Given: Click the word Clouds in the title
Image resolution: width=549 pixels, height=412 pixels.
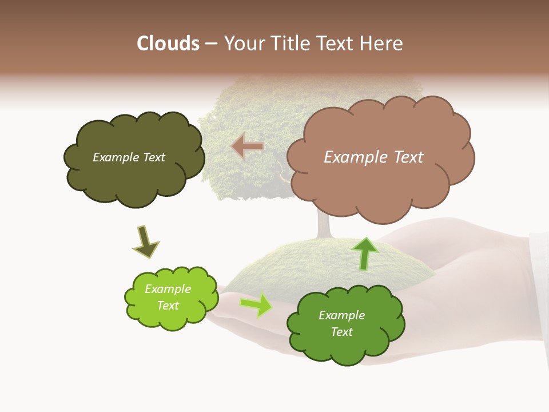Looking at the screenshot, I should pyautogui.click(x=168, y=43).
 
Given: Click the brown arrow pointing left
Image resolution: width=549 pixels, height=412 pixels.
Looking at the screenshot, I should pyautogui.click(x=248, y=146).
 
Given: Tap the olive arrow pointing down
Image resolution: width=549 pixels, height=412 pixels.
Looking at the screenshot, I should pyautogui.click(x=145, y=243).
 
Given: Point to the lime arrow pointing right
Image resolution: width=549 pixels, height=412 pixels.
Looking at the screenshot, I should pyautogui.click(x=256, y=305).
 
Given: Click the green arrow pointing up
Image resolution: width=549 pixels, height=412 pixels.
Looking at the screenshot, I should pyautogui.click(x=365, y=253).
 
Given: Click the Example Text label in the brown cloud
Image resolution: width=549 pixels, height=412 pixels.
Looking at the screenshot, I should pyautogui.click(x=373, y=157).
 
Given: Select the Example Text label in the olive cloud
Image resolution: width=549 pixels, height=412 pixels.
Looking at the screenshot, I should pyautogui.click(x=129, y=157).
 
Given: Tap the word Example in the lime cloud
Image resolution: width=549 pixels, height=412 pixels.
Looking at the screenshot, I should pyautogui.click(x=168, y=289).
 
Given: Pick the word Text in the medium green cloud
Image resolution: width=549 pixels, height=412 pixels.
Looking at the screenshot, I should pyautogui.click(x=341, y=332).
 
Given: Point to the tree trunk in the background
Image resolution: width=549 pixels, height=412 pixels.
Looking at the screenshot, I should pyautogui.click(x=324, y=226).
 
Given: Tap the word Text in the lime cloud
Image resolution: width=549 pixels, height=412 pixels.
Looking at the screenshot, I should pyautogui.click(x=168, y=306).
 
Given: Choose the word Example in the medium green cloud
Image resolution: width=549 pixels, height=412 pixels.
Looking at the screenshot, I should pyautogui.click(x=341, y=315).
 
